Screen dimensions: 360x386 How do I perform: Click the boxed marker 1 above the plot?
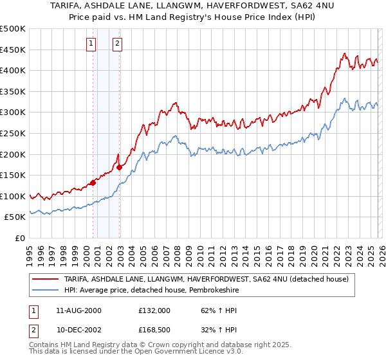91,44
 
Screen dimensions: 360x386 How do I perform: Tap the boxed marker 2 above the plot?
118,44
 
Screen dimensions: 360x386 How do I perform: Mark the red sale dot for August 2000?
93,183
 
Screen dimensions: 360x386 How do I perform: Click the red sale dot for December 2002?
120,167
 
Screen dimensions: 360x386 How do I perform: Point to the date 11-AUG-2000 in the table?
78,310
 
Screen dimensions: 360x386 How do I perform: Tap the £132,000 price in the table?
154,310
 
